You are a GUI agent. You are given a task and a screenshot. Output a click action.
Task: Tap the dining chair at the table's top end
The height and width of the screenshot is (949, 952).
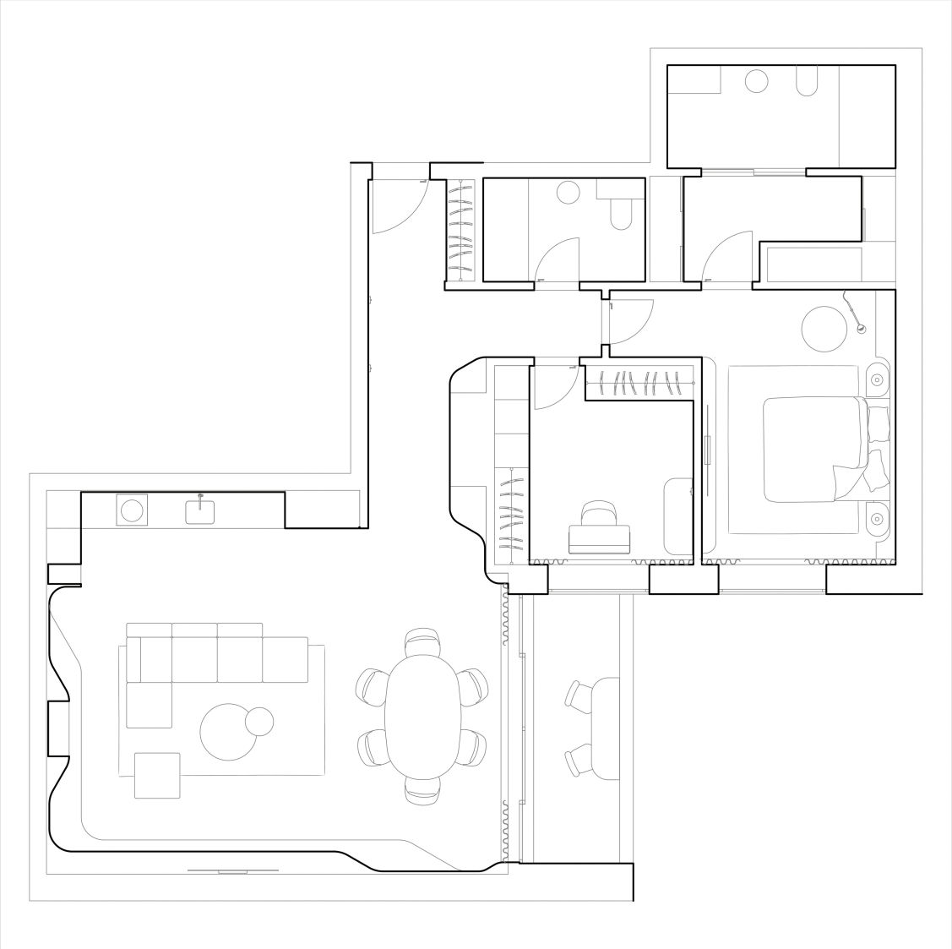click(422, 644)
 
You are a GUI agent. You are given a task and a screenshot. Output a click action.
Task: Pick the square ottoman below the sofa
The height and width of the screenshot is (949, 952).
click(157, 775)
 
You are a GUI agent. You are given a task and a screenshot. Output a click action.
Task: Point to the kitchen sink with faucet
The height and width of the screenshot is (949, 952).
click(200, 510)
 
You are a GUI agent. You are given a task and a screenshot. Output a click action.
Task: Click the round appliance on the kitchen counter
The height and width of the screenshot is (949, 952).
click(132, 510)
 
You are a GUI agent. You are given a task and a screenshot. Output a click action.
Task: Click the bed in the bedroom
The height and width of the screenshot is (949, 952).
click(815, 449)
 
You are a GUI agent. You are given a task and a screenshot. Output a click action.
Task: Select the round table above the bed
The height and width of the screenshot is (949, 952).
click(824, 328)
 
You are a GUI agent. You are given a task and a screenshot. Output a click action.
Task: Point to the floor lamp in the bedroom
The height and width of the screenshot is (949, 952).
click(855, 313)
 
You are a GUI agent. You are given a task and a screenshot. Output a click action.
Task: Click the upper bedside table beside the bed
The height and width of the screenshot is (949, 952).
click(878, 381)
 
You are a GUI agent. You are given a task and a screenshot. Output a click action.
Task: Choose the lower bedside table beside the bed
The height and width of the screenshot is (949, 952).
click(878, 516)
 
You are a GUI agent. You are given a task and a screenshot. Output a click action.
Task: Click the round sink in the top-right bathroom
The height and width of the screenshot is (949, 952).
click(757, 81)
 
